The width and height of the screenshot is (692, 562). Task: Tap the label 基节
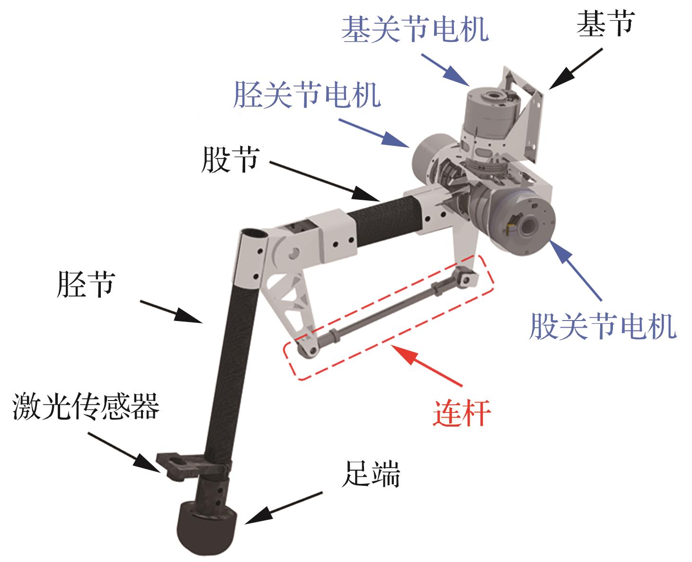[x=605, y=23]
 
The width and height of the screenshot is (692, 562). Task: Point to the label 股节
[x=231, y=160]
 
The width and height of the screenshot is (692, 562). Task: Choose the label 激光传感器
[x=86, y=407]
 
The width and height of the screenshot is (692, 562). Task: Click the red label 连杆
[x=461, y=414]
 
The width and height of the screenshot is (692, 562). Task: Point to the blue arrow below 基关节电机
[x=445, y=69]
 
